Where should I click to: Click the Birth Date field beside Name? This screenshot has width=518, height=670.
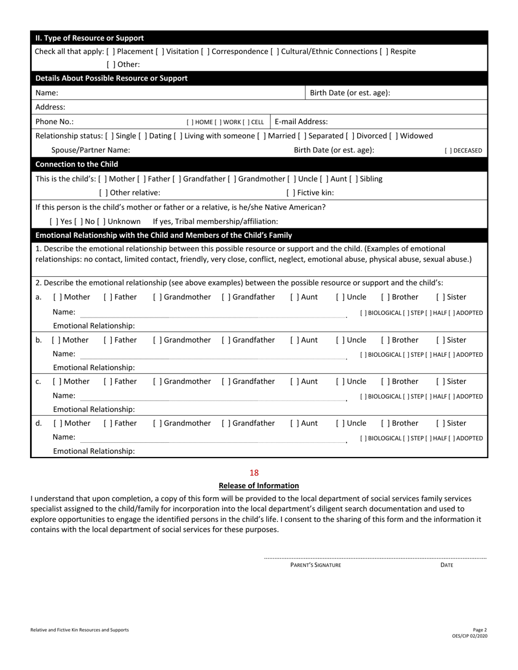click(436, 93)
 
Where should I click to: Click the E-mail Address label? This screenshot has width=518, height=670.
click(302, 121)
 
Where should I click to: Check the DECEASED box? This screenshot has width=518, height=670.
click(448, 151)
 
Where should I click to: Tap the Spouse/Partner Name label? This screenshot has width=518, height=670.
click(91, 150)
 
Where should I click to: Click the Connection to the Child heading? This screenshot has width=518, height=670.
click(76, 164)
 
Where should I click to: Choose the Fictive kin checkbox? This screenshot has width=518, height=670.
click(291, 192)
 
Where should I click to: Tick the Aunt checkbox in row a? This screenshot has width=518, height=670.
click(294, 297)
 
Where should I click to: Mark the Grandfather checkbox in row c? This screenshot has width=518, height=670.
click(226, 381)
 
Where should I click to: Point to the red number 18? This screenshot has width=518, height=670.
click(254, 473)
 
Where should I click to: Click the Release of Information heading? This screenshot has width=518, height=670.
click(258, 485)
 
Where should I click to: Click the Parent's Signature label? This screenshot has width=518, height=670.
click(316, 565)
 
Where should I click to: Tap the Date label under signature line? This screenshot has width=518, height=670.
click(447, 565)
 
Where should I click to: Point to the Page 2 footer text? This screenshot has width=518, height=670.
click(479, 629)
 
